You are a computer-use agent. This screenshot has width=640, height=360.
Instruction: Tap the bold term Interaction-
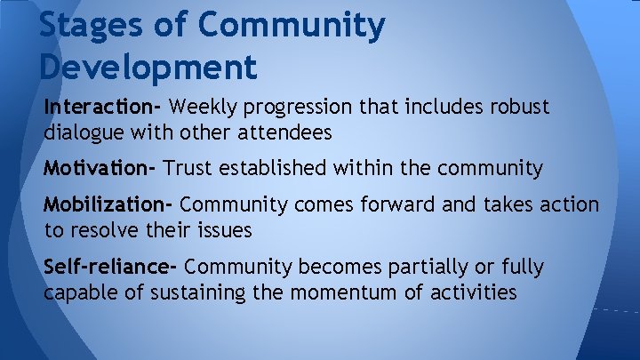point(102,108)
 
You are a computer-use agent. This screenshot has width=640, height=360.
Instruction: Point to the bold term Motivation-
point(100,167)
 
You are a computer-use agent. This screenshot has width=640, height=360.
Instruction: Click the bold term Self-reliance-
point(111,267)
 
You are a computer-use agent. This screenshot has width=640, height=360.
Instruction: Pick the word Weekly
point(203,108)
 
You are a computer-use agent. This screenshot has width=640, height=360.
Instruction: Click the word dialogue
point(82,132)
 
